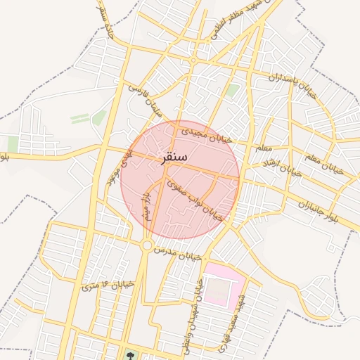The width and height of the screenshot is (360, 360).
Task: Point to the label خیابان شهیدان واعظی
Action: tap(195, 306)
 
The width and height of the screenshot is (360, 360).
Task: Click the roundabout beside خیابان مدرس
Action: tap(146, 245)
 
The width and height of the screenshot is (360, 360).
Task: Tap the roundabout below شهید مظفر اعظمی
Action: tap(193, 61)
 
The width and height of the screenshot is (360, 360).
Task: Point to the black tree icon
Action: tap(129, 353)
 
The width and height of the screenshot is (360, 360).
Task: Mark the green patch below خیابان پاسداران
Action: tap(232, 91)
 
